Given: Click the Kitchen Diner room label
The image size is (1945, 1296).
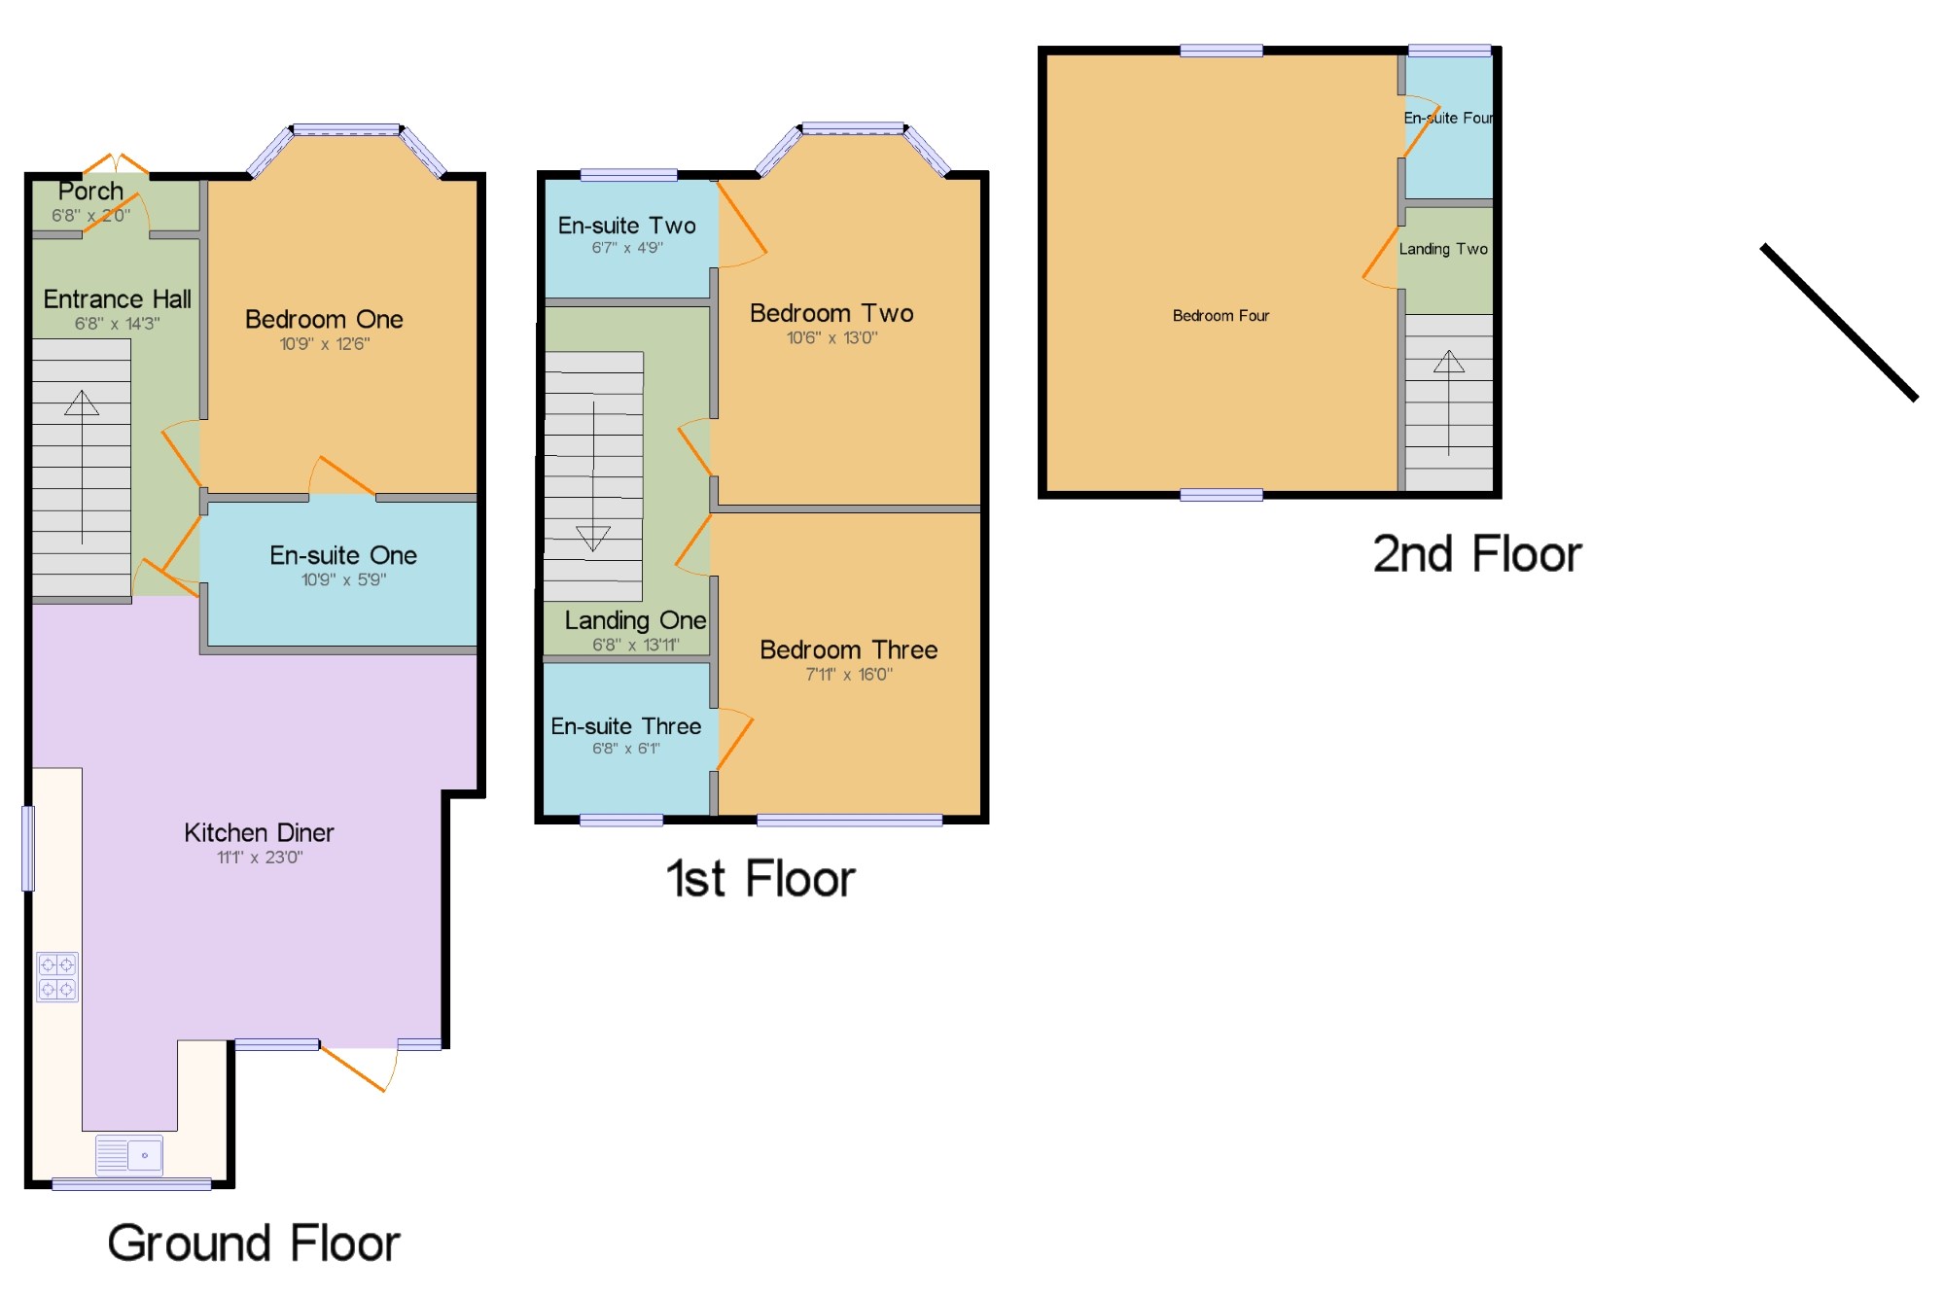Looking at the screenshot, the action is [x=259, y=832].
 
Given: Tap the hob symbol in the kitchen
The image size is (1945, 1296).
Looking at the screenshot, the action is [x=57, y=976].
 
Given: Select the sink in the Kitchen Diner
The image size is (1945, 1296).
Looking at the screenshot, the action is [x=129, y=1155].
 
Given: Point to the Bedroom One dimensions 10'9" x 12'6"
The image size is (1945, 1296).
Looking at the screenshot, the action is [x=325, y=343].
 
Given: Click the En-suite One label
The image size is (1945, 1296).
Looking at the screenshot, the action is [x=343, y=555].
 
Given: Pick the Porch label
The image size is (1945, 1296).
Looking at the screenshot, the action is [x=90, y=191].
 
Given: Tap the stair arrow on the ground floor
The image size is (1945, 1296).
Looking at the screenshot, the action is [x=82, y=467].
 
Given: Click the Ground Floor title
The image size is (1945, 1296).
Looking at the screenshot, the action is [x=254, y=1243].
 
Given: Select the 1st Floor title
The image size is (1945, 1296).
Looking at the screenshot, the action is [x=760, y=879].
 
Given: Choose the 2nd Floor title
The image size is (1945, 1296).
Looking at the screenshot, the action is [x=1477, y=554].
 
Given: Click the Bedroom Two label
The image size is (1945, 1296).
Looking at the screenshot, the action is [x=831, y=313].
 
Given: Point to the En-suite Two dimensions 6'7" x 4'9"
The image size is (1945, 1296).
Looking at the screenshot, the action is [x=627, y=248].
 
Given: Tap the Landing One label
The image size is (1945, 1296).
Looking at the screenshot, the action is [x=635, y=620].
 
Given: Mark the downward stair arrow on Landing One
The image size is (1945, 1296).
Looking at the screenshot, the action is [x=593, y=476].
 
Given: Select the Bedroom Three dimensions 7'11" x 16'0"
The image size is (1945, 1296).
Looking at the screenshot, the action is [x=849, y=674].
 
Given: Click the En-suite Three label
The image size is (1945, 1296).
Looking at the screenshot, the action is [x=625, y=726].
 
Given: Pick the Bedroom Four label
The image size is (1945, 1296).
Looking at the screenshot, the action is [x=1220, y=316].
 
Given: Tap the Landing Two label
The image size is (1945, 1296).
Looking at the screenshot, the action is [x=1443, y=249].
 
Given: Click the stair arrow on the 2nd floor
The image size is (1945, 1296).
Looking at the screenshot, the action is [x=1449, y=403].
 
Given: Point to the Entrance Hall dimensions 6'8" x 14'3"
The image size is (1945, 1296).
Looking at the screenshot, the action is [x=118, y=324].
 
